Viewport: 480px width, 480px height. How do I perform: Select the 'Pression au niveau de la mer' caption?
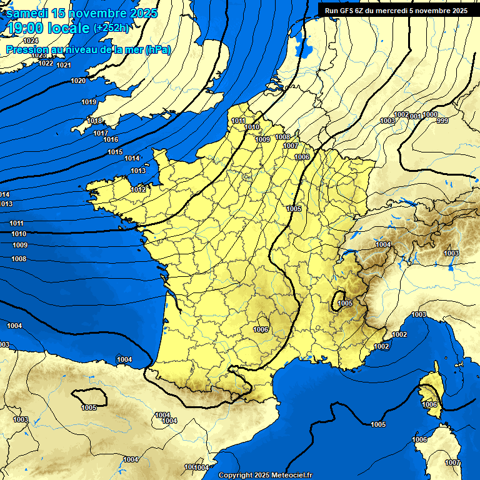[88, 49]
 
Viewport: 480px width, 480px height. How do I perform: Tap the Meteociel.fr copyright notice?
[265, 475]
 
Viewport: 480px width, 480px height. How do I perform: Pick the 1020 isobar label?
[78, 81]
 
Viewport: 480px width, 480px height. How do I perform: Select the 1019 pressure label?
[89, 102]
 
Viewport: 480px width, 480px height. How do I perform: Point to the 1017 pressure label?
[100, 133]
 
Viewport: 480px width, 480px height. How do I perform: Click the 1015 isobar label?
[114, 152]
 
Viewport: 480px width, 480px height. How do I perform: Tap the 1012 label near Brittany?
[138, 189]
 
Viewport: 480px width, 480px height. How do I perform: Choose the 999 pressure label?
[442, 121]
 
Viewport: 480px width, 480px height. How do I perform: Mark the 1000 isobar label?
[430, 114]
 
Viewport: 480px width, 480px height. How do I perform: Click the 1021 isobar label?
[63, 65]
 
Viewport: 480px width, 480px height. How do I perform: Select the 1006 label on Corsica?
[429, 405]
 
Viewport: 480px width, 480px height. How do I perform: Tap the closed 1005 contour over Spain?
[87, 400]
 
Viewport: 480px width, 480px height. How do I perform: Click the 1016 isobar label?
[111, 139]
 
